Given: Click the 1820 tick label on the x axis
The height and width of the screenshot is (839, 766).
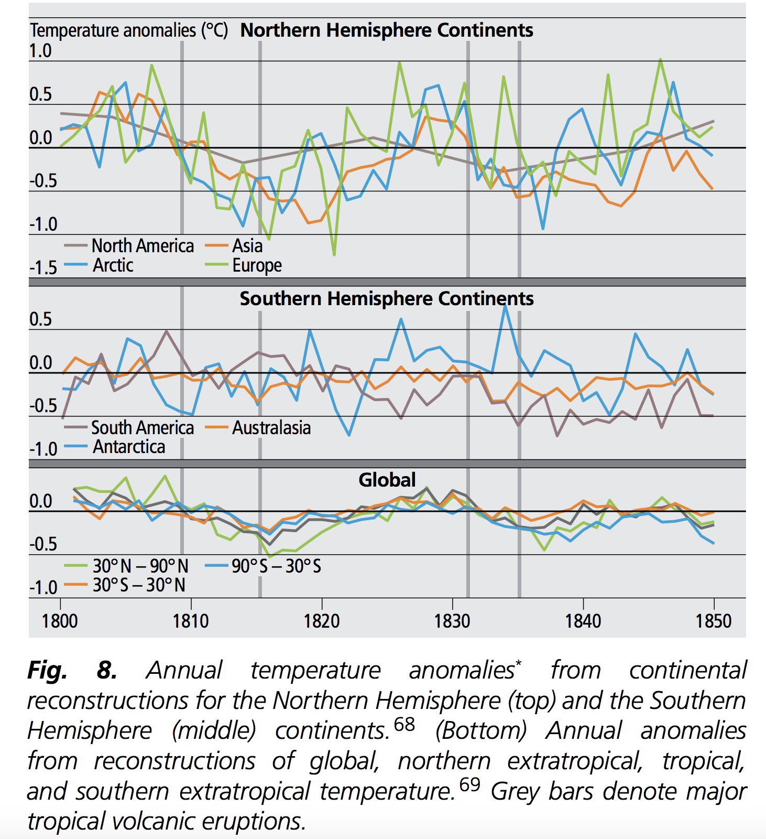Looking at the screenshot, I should (322, 621).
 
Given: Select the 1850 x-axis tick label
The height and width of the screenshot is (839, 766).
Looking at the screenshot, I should (713, 621).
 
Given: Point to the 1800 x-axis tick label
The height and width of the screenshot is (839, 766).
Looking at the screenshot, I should (60, 621).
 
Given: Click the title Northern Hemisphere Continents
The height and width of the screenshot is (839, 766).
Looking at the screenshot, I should (387, 30).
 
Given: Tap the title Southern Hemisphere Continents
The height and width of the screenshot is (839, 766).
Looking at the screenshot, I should (387, 299).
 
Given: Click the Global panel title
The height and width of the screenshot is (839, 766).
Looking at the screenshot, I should (387, 480).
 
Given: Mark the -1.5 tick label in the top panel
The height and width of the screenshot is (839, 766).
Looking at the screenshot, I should (43, 268).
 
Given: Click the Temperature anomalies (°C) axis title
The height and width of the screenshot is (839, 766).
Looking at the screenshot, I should (129, 30).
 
